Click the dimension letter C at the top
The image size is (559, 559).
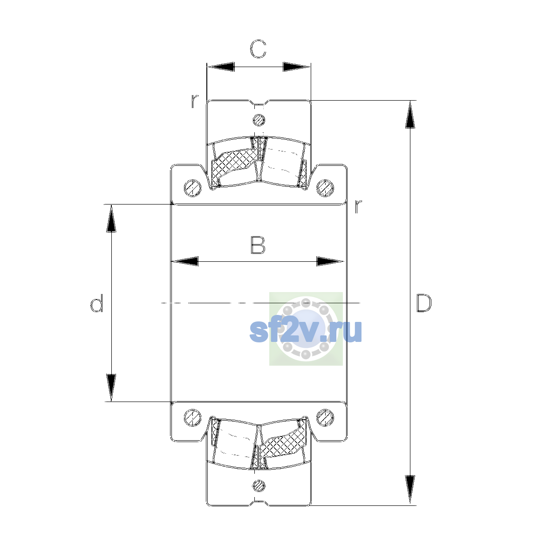[x=258, y=49]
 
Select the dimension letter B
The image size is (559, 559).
[x=258, y=245]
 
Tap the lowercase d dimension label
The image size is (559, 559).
[x=96, y=303]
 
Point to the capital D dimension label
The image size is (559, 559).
[x=424, y=303]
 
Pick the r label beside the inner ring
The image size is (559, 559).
[x=358, y=206]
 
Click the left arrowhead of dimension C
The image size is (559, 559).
[x=221, y=67]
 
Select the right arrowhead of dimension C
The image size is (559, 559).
[x=296, y=67]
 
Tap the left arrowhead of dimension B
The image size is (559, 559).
[x=185, y=261]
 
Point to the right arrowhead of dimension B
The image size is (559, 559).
[x=330, y=261]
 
